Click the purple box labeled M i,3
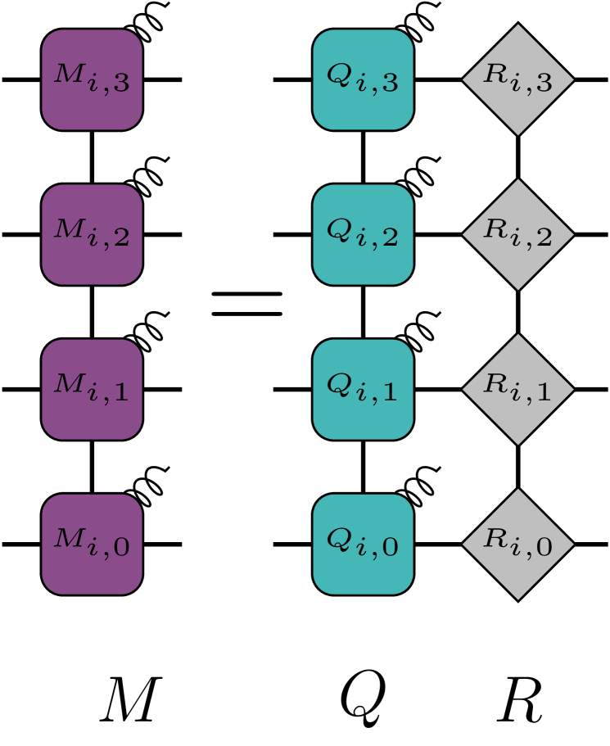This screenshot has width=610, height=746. [x=92, y=79]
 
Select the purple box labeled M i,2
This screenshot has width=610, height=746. [x=92, y=234]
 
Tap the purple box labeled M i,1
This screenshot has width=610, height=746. [x=92, y=389]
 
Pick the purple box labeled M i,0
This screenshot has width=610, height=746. [x=92, y=544]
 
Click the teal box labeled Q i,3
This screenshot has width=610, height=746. [x=363, y=79]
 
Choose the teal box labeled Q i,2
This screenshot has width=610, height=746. [x=363, y=234]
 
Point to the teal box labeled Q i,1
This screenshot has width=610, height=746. [x=363, y=389]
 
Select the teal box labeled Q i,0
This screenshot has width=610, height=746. [x=363, y=544]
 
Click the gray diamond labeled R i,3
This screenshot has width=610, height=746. [x=517, y=79]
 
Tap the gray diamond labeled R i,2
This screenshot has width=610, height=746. [x=517, y=234]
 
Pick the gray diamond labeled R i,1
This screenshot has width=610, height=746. [x=517, y=389]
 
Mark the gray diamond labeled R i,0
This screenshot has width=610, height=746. [x=517, y=544]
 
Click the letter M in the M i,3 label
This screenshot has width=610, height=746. [x=68, y=74]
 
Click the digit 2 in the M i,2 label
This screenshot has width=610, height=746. [x=120, y=237]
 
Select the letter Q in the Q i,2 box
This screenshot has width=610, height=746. [x=338, y=229]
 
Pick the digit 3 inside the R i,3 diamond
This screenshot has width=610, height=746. [x=543, y=83]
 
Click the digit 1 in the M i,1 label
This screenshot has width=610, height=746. [x=120, y=392]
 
